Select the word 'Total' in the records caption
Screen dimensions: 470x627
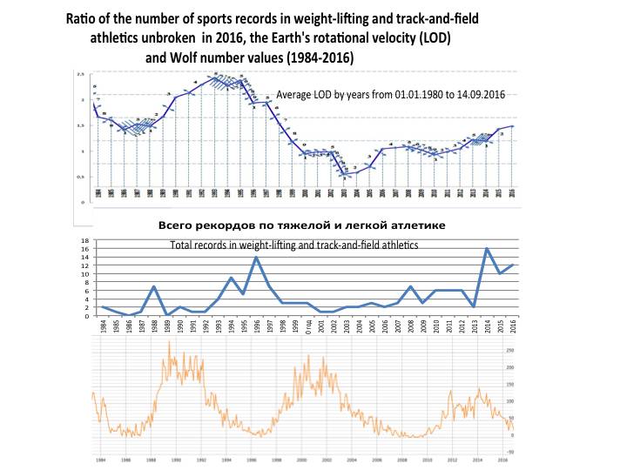(184, 246)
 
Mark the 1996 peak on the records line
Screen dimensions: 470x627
(256, 257)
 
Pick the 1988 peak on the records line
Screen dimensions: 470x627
(153, 286)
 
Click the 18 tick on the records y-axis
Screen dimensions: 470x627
(85, 240)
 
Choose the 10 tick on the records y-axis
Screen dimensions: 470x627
(85, 274)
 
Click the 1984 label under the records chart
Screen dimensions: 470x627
(103, 326)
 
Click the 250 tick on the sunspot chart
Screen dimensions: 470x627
(511, 350)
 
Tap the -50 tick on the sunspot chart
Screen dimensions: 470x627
(510, 452)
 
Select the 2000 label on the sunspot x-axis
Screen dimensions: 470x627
(302, 460)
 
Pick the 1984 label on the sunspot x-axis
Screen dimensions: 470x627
(101, 460)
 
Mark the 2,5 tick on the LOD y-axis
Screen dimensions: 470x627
(81, 75)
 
